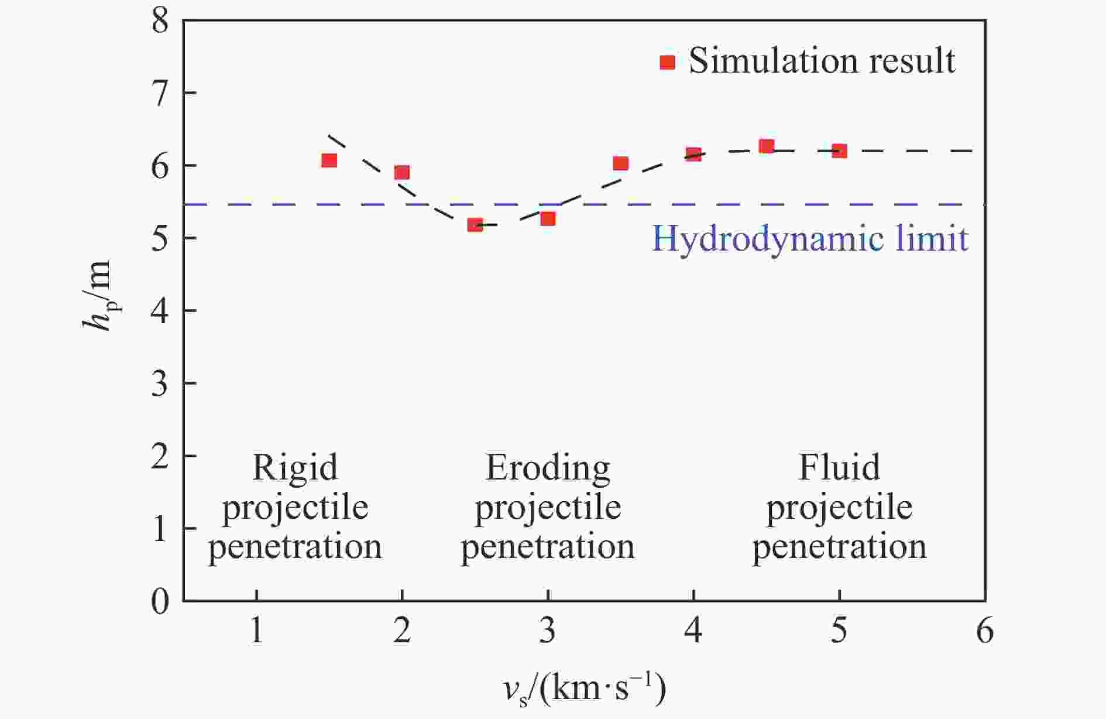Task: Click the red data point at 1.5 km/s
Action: point(329,160)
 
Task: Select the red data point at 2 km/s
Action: point(401,172)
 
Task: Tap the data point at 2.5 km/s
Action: point(475,224)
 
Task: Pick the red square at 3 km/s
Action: point(547,218)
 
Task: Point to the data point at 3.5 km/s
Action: point(620,163)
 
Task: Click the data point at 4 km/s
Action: point(693,154)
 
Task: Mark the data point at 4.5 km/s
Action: point(766,146)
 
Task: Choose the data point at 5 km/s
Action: point(839,151)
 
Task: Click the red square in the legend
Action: point(667,62)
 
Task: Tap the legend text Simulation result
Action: point(822,61)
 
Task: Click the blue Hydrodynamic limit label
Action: point(810,239)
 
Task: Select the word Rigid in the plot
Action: point(295,467)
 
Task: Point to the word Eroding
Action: point(547,467)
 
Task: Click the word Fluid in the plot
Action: point(839,467)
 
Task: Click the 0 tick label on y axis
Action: point(159,601)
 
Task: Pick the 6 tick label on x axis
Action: point(985,631)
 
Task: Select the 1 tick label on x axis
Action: point(256,631)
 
